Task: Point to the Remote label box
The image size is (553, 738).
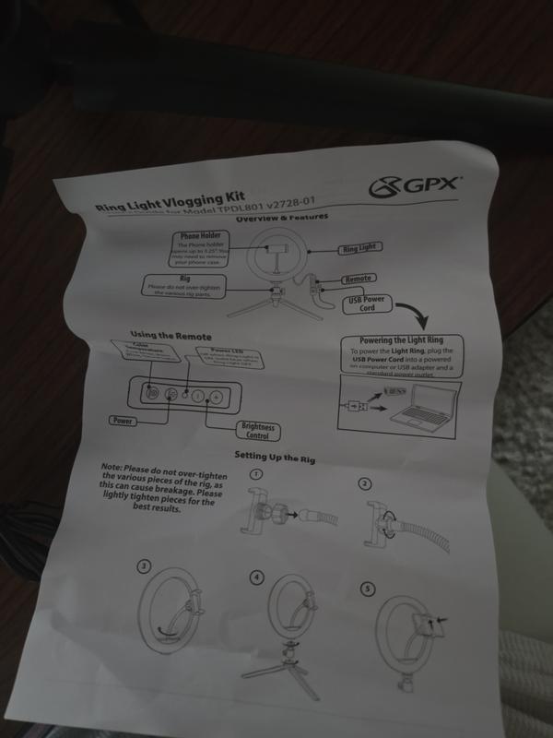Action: pyautogui.click(x=359, y=279)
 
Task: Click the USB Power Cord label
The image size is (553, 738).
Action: pyautogui.click(x=367, y=305)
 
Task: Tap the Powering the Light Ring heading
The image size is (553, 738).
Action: pyautogui.click(x=403, y=340)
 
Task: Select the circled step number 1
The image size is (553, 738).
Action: pyautogui.click(x=257, y=473)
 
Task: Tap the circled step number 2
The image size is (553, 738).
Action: pyautogui.click(x=364, y=483)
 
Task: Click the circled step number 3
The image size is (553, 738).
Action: pyautogui.click(x=144, y=565)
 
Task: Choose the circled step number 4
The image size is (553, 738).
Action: pyautogui.click(x=257, y=577)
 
